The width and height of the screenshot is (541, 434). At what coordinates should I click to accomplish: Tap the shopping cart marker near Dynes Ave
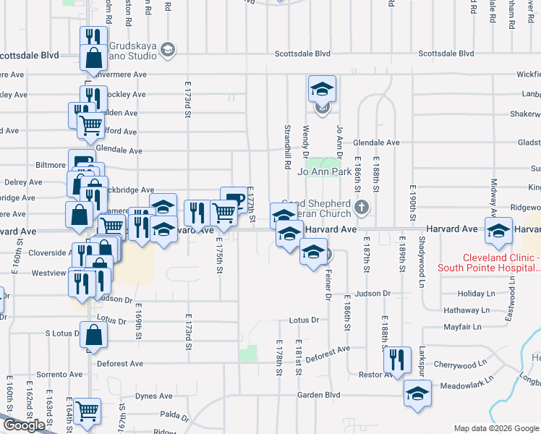pyautogui.click(x=88, y=411)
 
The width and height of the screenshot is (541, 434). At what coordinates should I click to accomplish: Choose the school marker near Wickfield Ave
pyautogui.click(x=323, y=89)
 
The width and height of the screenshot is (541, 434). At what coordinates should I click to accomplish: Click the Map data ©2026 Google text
pyautogui.click(x=496, y=428)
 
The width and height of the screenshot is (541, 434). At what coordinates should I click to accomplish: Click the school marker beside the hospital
pyautogui.click(x=498, y=231)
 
